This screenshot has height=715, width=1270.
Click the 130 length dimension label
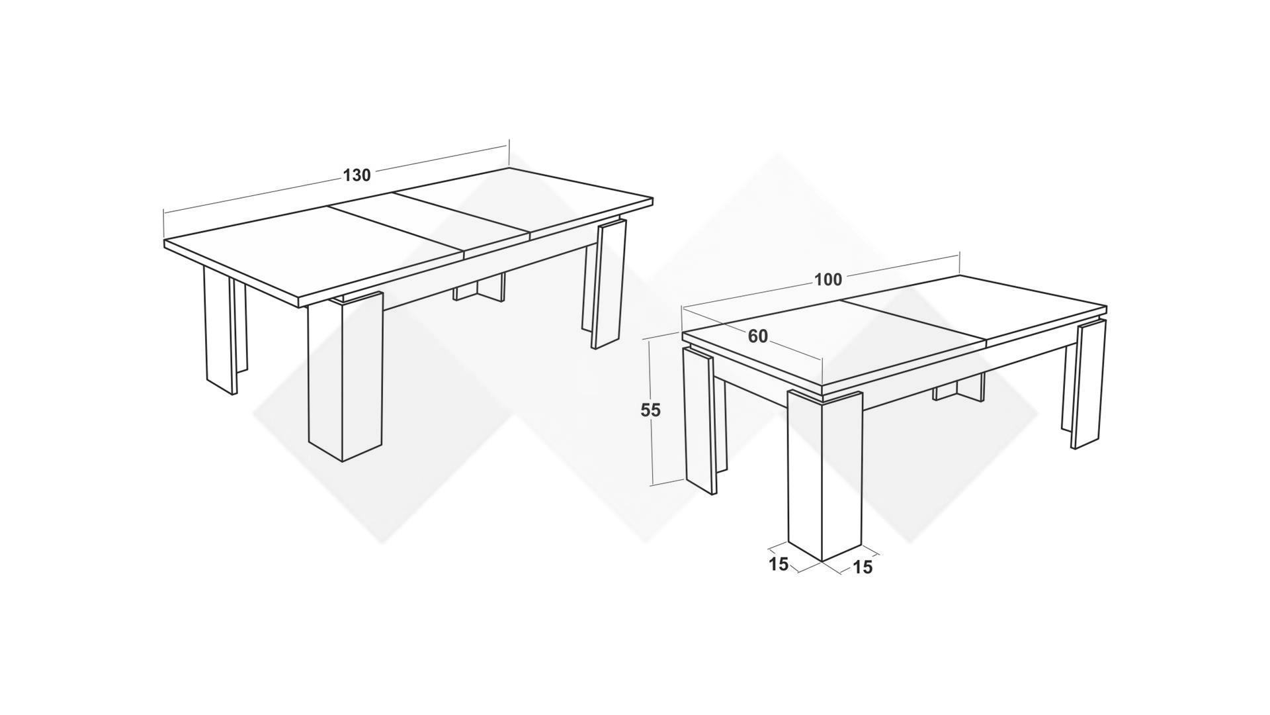357,175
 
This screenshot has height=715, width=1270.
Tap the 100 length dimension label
827,280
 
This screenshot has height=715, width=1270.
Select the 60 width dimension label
758,337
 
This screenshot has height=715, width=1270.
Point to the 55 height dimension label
650,410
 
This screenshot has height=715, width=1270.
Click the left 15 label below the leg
779,564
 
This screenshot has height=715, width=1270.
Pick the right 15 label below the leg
863,567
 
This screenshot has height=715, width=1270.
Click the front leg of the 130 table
345,376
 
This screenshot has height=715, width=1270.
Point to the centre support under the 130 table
479,287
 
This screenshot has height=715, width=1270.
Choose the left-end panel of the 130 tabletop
314,255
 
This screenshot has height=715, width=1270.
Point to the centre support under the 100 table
959,387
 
